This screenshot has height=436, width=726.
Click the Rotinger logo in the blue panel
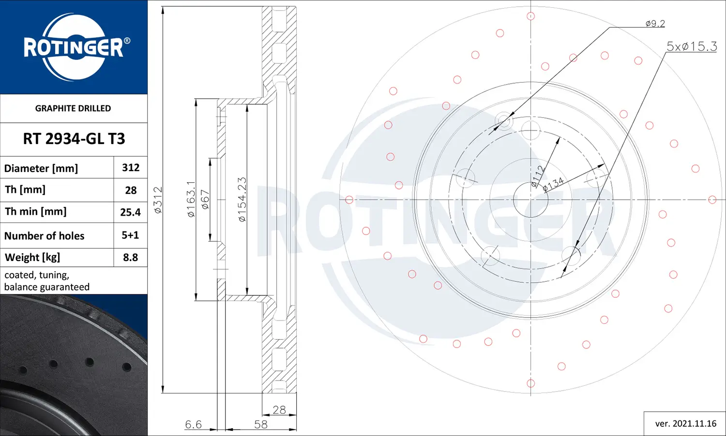pos(74,47)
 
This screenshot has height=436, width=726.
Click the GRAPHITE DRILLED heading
pos(73,108)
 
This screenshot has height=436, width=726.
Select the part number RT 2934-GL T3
pos(74,139)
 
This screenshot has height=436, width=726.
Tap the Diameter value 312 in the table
pos(131,168)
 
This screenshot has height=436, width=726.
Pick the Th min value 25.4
pos(131,212)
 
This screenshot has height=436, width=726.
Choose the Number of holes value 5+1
pos(130,235)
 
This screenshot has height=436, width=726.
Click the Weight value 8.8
pos(131,257)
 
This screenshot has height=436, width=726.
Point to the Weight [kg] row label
pos(32,257)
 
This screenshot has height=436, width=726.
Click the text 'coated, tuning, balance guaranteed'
pos(47,281)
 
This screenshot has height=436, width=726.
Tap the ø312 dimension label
pos(158,200)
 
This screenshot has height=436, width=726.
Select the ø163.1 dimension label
pos(191,199)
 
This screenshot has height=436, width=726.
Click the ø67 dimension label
pos(205,199)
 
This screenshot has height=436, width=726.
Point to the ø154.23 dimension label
pos(242,199)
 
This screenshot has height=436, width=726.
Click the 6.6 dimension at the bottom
pos(193,424)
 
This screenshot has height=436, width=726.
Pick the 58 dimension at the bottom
pos(261,424)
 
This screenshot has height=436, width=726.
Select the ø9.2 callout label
pos(655,23)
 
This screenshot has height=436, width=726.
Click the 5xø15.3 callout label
pos(692,46)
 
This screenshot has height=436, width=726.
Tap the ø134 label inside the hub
pos(553,184)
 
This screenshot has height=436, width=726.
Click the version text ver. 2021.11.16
pos(685,423)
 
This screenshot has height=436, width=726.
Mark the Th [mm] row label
pos(25,189)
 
